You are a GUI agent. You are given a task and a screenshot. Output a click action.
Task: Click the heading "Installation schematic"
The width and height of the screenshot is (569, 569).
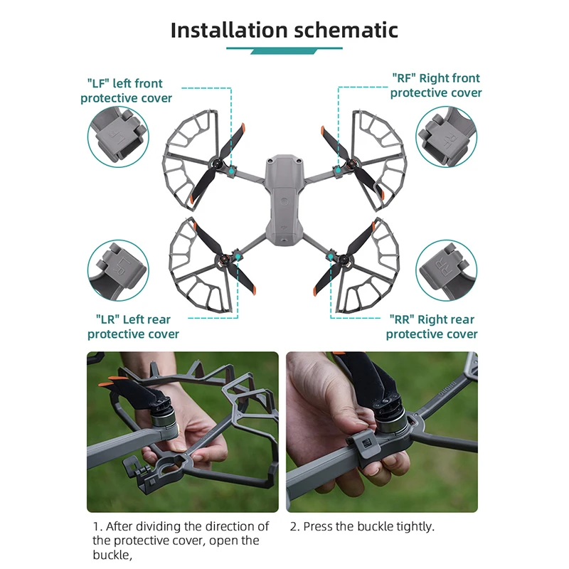(284, 30)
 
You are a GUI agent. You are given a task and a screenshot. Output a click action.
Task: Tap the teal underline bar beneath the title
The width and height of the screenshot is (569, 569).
(284, 50)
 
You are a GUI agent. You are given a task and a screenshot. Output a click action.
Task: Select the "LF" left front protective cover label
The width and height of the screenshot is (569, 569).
(126, 90)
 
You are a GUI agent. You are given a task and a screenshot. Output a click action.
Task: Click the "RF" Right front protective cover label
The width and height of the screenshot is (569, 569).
(435, 85)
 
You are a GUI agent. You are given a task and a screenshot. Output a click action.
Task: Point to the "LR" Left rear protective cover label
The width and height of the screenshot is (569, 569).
(133, 326)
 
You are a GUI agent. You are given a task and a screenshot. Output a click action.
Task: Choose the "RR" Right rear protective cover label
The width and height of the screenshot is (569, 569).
(432, 326)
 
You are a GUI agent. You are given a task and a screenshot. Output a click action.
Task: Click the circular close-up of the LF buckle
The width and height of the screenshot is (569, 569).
(118, 138)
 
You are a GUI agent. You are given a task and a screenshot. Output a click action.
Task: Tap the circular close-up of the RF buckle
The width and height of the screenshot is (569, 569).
(446, 137)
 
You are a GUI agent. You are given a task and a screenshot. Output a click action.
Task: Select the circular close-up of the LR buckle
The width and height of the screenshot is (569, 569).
(118, 270)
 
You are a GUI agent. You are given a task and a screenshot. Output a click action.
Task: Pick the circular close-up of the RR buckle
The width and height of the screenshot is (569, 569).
(446, 270)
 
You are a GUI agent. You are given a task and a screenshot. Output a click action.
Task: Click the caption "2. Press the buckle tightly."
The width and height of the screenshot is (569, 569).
(361, 526)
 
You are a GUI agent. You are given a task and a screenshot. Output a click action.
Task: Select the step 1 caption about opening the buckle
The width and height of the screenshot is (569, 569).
(181, 540)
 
